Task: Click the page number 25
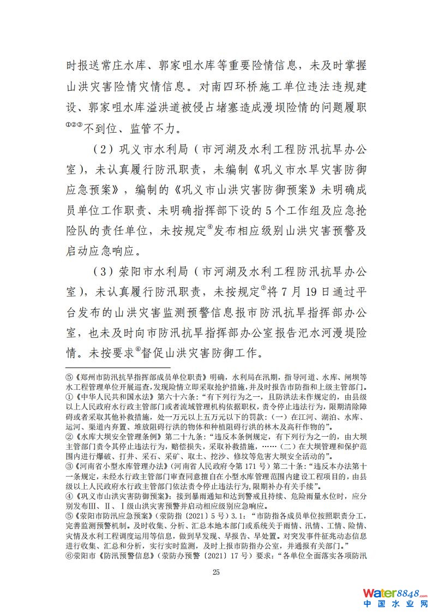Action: point(216,572)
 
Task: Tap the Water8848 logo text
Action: point(394,593)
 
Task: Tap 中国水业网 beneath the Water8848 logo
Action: point(395,605)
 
